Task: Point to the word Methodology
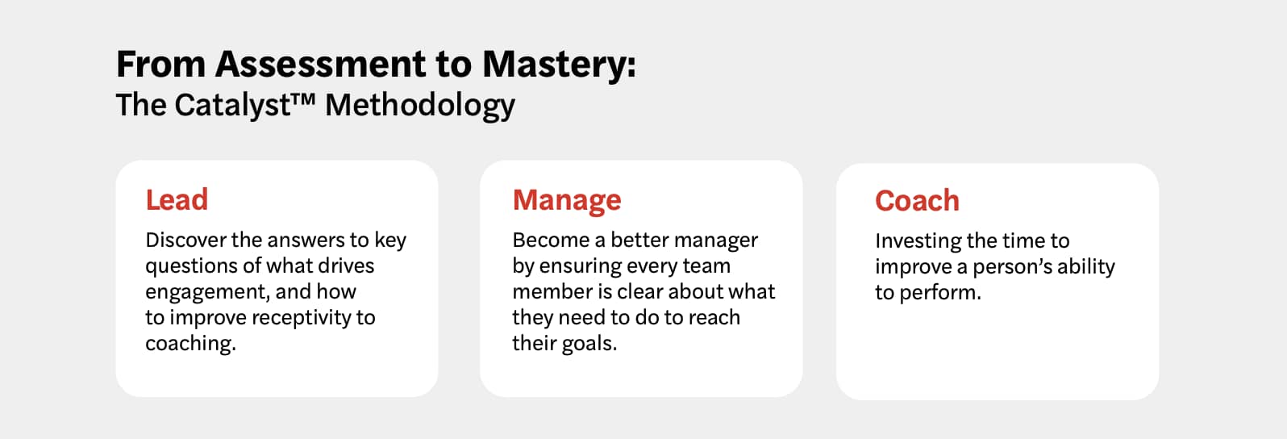[x=420, y=106]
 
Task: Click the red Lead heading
[x=177, y=199]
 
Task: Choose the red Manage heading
[x=567, y=200]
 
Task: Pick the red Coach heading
[x=917, y=201]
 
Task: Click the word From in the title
[x=160, y=65]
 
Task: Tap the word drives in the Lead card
[x=345, y=265]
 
